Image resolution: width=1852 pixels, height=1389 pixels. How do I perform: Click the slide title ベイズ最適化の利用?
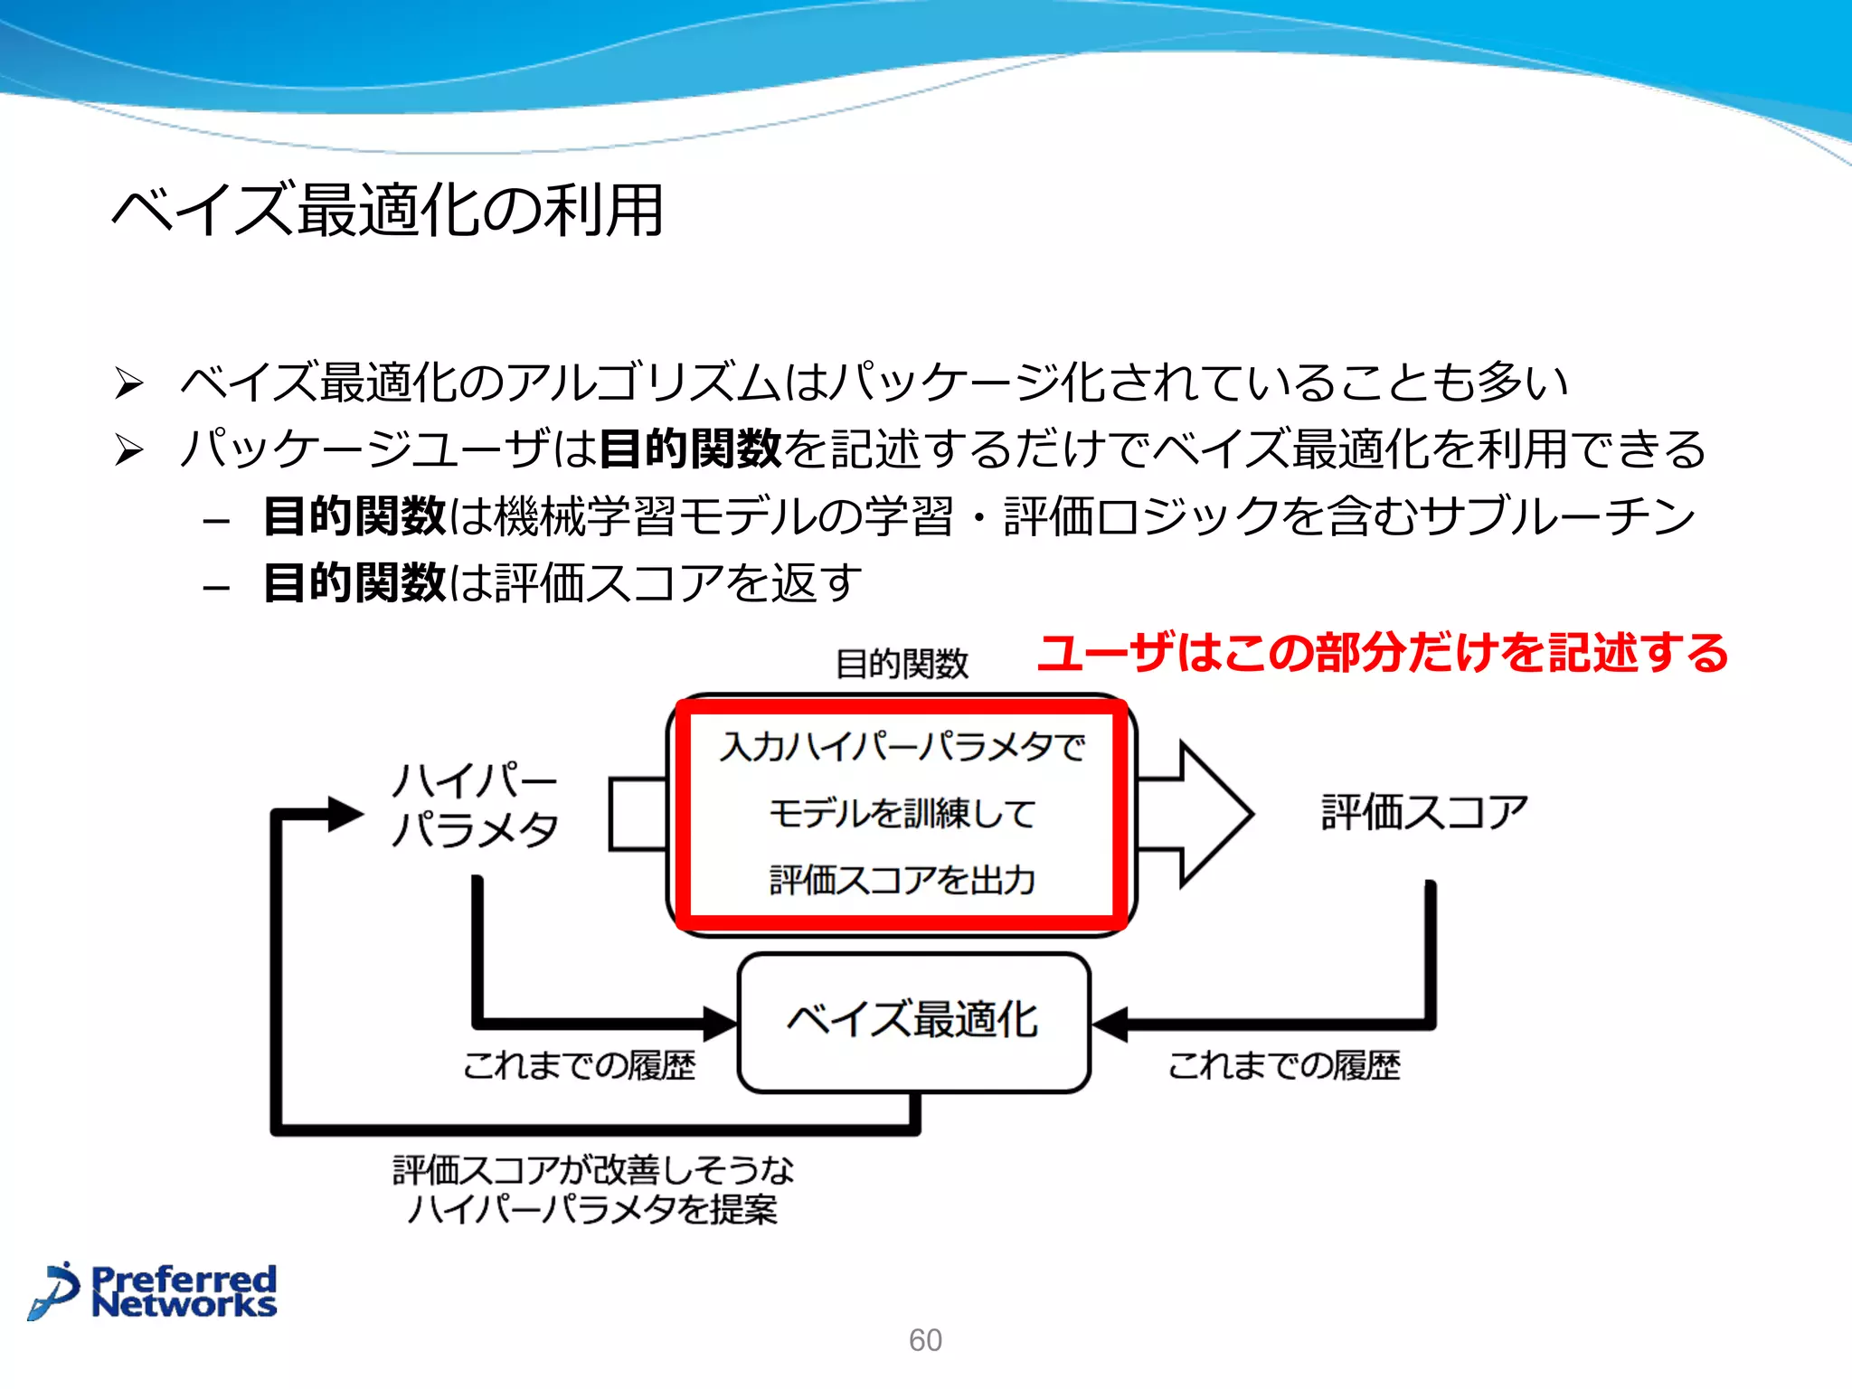tap(388, 210)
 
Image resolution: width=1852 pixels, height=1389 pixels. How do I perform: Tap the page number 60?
tap(925, 1340)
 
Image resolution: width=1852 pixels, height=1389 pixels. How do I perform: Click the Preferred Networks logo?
tap(154, 1291)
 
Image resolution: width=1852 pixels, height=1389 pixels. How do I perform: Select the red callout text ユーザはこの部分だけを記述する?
tap(1383, 653)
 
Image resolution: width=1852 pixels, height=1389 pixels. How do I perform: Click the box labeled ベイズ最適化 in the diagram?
tap(913, 1022)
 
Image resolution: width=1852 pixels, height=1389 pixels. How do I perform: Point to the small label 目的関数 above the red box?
tap(902, 664)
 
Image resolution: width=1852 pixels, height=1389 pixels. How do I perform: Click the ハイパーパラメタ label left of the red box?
tap(476, 805)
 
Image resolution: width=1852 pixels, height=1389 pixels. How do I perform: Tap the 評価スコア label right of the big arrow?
tap(1424, 811)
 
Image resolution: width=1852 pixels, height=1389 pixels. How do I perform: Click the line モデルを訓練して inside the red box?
tap(902, 813)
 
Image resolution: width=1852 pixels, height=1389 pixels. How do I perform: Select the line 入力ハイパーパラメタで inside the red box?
tap(902, 747)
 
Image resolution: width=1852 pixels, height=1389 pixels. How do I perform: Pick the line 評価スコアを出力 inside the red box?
tap(902, 880)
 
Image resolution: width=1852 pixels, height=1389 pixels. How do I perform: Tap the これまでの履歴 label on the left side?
tap(579, 1065)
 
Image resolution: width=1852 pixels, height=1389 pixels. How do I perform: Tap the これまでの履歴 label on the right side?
tap(1284, 1065)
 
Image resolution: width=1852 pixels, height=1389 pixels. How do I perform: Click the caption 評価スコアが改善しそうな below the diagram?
tap(593, 1170)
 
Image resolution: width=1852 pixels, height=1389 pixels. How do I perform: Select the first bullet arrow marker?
tap(129, 383)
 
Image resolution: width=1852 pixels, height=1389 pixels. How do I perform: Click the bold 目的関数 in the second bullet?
tap(690, 449)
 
